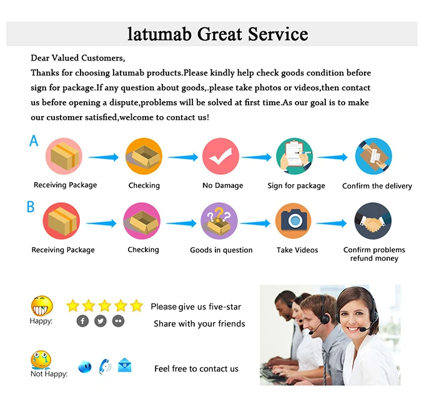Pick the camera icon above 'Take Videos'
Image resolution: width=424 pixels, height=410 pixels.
pos(293,220)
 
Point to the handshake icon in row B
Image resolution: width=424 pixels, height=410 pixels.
pos(373,220)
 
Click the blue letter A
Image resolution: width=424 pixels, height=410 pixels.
pos(34,141)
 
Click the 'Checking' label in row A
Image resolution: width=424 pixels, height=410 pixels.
pos(144,185)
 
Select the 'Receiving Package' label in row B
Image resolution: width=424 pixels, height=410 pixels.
pos(63,250)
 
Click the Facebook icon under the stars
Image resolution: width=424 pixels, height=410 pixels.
pos(82,321)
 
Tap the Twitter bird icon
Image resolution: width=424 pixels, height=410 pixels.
pos(101,321)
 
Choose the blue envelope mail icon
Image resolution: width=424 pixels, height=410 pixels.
pos(125,366)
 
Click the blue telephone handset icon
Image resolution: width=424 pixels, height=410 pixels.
pos(105,366)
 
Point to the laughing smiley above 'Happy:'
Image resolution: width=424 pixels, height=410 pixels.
pos(42,306)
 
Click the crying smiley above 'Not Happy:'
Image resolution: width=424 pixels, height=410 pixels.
pos(41,360)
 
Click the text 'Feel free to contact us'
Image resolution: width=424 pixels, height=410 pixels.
pos(196,369)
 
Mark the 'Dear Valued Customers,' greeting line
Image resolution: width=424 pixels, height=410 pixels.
pos(78,58)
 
